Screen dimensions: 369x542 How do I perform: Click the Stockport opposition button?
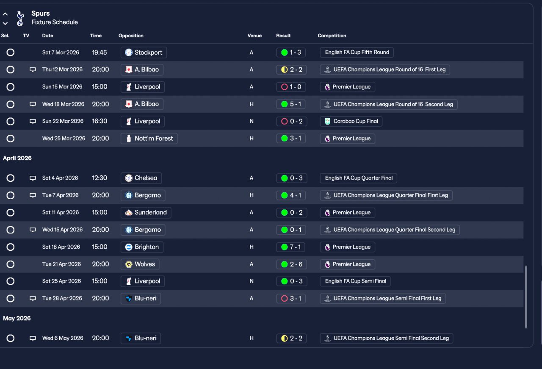coord(144,53)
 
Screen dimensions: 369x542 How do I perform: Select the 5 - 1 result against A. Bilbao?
coord(291,104)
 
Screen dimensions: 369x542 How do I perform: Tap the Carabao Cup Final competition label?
coord(351,121)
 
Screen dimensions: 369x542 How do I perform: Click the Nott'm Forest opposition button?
coord(149,139)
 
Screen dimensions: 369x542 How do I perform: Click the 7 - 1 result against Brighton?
coord(291,247)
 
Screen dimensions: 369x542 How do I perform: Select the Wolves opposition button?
coord(140,264)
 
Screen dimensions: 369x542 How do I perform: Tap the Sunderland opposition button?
coord(146,213)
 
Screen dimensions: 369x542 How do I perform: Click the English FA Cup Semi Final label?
coord(355,281)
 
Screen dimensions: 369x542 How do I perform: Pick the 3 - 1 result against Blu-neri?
coord(291,299)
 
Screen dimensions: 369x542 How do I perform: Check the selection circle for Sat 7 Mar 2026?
coord(11,53)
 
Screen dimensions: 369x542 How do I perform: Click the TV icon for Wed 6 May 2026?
coord(33,338)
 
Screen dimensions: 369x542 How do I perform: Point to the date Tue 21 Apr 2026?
coord(61,264)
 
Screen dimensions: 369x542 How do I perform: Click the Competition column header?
coord(332,36)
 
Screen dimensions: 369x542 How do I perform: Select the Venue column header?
coord(254,36)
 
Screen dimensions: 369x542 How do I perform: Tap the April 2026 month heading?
coord(17,158)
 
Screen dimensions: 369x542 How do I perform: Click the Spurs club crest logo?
coord(20,18)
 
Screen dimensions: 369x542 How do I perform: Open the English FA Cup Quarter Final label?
coord(359,178)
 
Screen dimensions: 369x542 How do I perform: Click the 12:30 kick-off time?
coord(100,178)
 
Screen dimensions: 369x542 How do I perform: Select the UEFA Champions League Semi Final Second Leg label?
coord(387,338)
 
